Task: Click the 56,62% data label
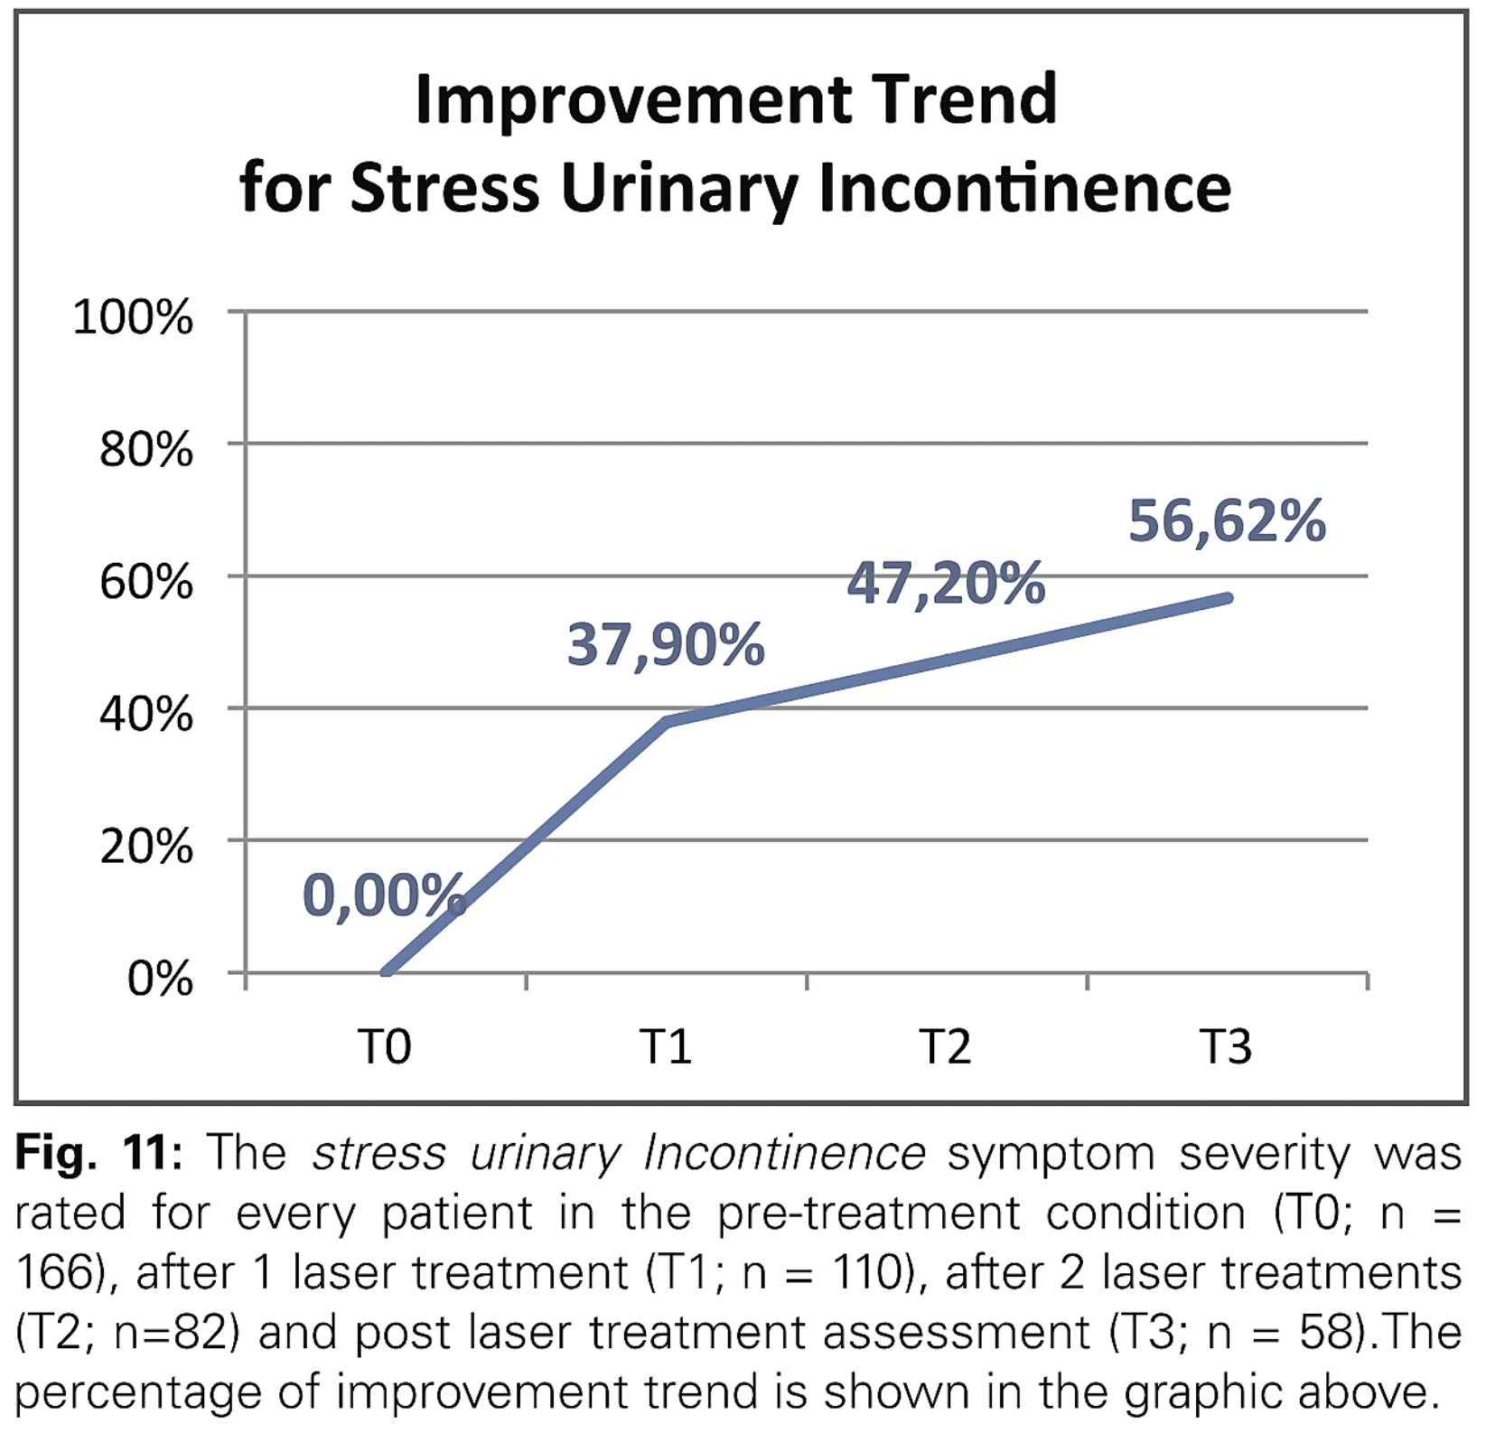tap(1226, 522)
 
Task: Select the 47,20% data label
tap(945, 584)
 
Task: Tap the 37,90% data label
tap(665, 645)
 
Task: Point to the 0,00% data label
tap(383, 895)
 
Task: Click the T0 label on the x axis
tap(385, 1047)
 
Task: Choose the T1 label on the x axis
tap(666, 1047)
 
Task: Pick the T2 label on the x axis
tap(946, 1047)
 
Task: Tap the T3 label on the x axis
tap(1226, 1047)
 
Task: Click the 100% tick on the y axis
tap(133, 318)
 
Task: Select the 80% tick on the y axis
tap(145, 449)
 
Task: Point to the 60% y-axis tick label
tap(145, 582)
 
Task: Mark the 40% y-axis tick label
tap(145, 714)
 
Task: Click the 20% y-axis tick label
tap(145, 847)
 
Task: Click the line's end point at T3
tap(1228, 598)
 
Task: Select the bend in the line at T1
tap(667, 721)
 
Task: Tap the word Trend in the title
tap(965, 99)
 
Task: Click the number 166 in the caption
tap(54, 1273)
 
